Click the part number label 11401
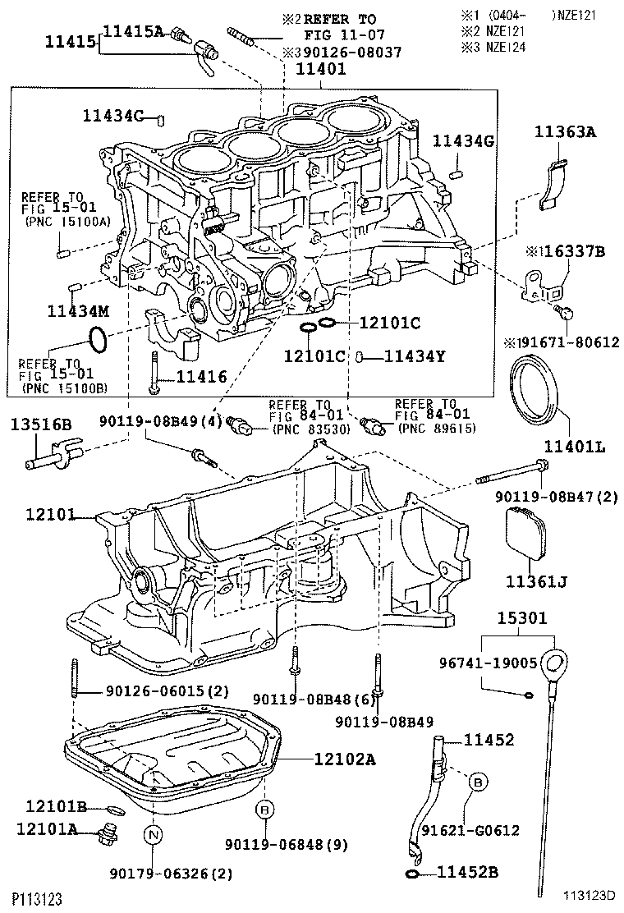click(x=321, y=70)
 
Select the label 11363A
click(x=565, y=131)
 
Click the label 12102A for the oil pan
click(x=344, y=759)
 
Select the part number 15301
click(x=521, y=617)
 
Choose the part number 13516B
click(x=41, y=424)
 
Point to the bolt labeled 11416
click(x=154, y=374)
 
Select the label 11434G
click(x=464, y=141)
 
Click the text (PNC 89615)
click(x=435, y=428)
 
